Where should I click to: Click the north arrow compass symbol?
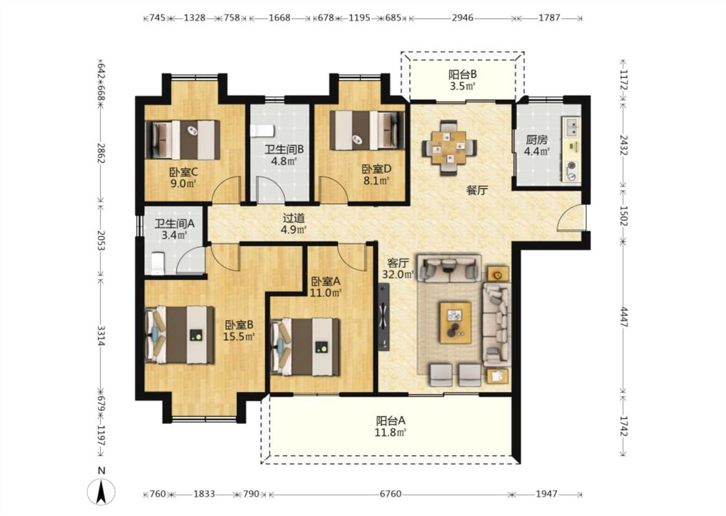101,491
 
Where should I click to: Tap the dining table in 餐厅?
449,148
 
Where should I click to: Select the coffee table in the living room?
456,322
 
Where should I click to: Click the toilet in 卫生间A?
158,263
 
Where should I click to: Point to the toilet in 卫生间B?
262,130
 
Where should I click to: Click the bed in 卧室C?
183,140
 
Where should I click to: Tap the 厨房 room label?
537,139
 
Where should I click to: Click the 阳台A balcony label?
391,421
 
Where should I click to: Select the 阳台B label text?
463,74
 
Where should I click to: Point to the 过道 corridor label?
294,217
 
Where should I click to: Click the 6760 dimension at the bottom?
390,494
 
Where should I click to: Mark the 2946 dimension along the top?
463,17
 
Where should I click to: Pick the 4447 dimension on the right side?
623,317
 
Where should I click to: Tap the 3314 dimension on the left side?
101,335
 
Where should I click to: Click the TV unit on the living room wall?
384,317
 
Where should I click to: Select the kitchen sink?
572,126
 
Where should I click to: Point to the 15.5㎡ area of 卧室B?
239,337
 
